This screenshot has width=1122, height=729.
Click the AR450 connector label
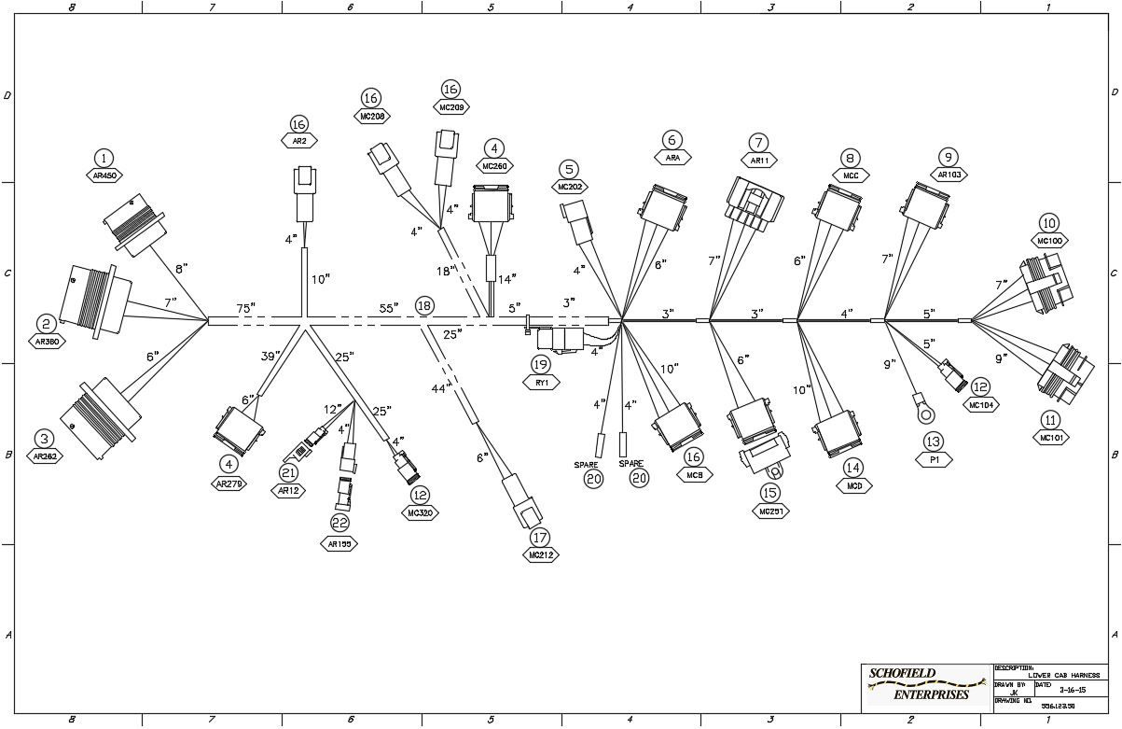pos(104,175)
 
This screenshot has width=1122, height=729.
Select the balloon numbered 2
pos(45,324)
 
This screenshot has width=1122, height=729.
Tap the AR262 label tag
pos(45,456)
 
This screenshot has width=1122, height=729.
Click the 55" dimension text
pos(389,307)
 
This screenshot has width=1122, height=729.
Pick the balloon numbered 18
pos(424,305)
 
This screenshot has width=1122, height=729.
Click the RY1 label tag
pos(540,382)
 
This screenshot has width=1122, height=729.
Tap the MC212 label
pos(541,554)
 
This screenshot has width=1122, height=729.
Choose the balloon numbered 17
pos(541,537)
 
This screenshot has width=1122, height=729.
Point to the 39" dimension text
pos(270,357)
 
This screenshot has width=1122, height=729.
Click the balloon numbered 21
pos(289,472)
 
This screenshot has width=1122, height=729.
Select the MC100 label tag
pos(1049,241)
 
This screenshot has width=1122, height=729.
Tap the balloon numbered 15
pos(769,492)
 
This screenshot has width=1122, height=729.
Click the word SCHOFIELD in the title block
pos(902,673)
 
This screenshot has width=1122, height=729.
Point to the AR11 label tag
pos(759,160)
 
